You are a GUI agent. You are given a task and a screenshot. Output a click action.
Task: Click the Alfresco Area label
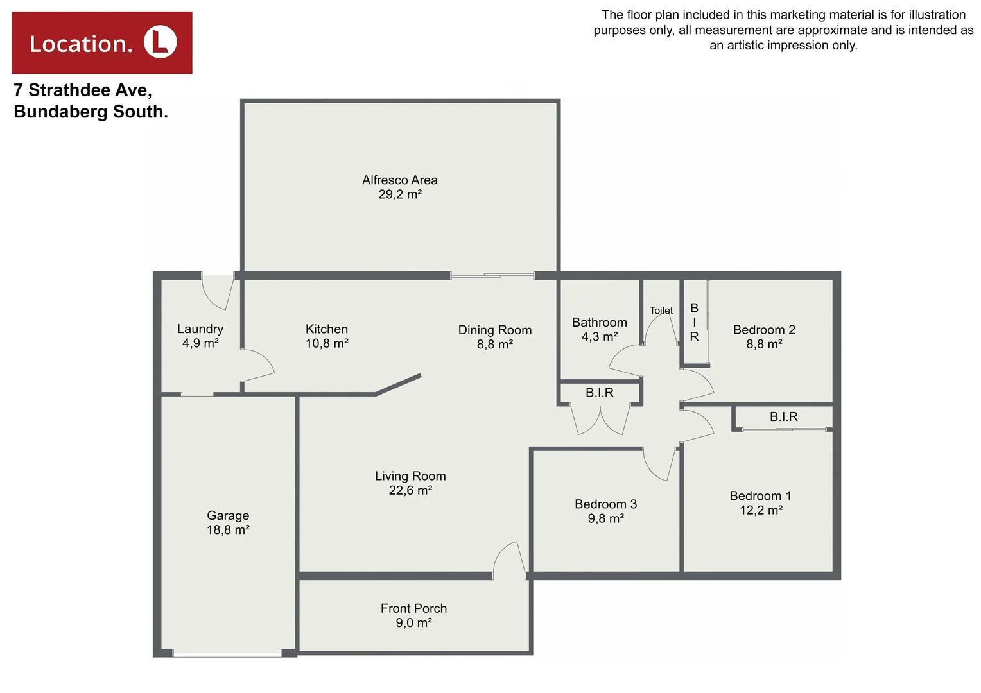(x=399, y=180)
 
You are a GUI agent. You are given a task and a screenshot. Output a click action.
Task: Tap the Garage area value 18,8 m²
(x=228, y=530)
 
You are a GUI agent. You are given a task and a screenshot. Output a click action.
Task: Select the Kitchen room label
(x=327, y=329)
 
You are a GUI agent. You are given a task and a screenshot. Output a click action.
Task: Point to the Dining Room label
(x=494, y=330)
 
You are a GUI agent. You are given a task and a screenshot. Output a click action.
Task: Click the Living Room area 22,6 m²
(x=410, y=490)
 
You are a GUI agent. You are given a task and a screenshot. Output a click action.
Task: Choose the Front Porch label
(x=413, y=608)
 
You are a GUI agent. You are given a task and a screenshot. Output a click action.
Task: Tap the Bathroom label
(x=599, y=322)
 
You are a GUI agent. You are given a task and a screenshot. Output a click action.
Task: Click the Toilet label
(x=661, y=311)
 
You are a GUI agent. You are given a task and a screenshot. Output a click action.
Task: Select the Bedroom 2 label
(x=764, y=330)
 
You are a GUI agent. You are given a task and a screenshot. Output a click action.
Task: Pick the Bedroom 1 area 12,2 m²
(x=761, y=510)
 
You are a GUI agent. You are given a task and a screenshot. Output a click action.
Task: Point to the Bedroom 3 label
(x=605, y=504)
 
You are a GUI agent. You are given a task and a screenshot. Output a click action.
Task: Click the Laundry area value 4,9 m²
(x=200, y=343)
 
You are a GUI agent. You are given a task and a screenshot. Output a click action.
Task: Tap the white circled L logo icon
(x=160, y=42)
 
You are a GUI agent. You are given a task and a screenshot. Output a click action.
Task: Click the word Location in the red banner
(x=81, y=44)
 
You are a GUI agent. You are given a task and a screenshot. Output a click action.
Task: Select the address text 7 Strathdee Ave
(x=83, y=90)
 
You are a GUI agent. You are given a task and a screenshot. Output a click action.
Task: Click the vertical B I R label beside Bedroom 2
(x=694, y=322)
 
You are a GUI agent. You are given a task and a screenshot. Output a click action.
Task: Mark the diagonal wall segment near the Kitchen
(x=399, y=384)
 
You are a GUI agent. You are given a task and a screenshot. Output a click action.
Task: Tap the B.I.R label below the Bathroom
(x=599, y=393)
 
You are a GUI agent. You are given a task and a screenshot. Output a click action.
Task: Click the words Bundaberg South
(x=91, y=112)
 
